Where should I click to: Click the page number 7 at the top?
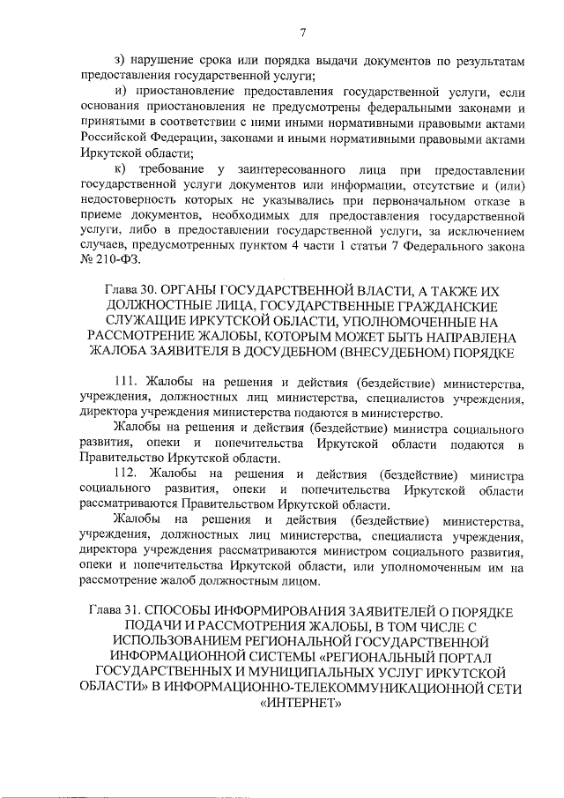click(301, 34)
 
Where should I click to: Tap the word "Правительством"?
click(227, 507)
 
